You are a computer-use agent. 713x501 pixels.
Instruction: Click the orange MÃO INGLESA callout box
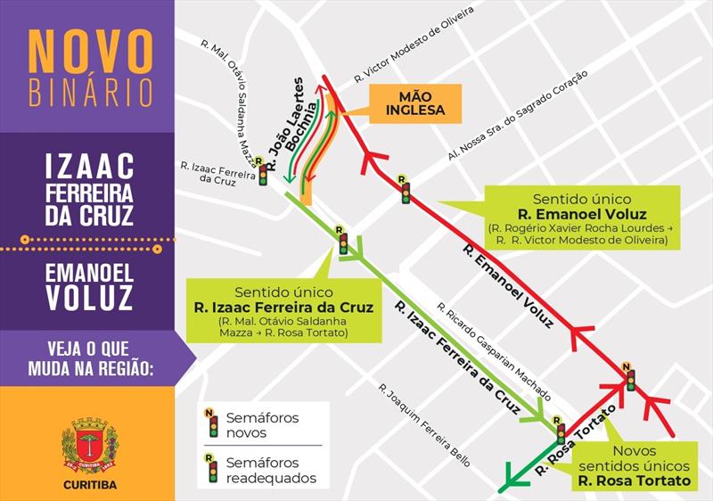point(414,103)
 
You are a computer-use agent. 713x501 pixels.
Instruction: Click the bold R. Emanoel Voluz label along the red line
point(508,284)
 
